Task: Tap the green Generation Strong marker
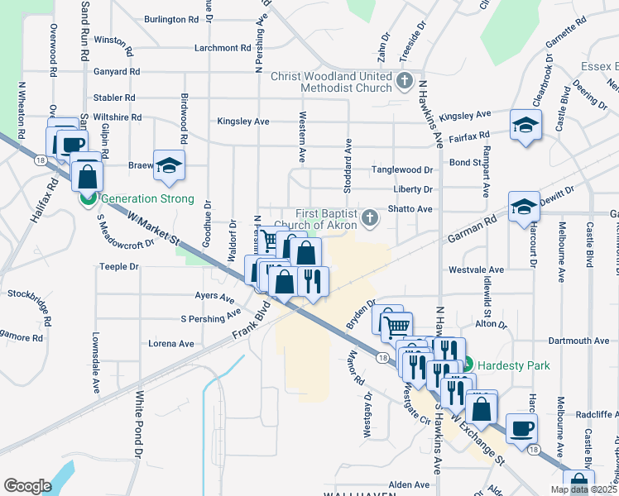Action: point(86,198)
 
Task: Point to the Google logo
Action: point(27,486)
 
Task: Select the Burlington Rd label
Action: point(171,18)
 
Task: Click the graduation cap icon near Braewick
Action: point(169,165)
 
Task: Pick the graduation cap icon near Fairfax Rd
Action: point(525,125)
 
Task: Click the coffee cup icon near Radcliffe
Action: point(520,427)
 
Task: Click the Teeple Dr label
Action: point(119,267)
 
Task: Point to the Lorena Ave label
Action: point(170,344)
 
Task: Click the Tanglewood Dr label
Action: point(403,169)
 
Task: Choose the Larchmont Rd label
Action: point(222,48)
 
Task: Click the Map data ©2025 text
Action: point(583,489)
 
